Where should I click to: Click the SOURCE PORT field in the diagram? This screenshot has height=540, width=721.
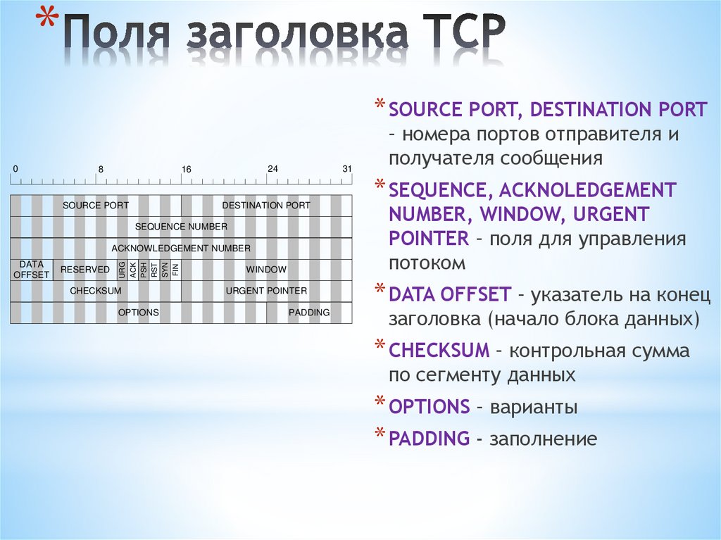pyautogui.click(x=96, y=206)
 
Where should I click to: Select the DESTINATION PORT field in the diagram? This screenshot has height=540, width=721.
pyautogui.click(x=266, y=206)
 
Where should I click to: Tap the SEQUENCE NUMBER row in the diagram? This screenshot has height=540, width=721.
pyautogui.click(x=181, y=227)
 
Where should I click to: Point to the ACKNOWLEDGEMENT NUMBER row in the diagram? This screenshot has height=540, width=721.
pyautogui.click(x=181, y=248)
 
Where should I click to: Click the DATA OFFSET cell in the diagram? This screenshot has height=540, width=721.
pyautogui.click(x=32, y=270)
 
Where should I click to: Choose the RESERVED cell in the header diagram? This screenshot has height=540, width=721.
pyautogui.click(x=85, y=270)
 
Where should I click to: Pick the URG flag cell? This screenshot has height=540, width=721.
pyautogui.click(x=123, y=270)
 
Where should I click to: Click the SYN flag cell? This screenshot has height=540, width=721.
pyautogui.click(x=165, y=270)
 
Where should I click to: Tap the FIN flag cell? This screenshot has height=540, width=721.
pyautogui.click(x=175, y=270)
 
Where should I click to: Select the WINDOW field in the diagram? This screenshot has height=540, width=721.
pyautogui.click(x=266, y=270)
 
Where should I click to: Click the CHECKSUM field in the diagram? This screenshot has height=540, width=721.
pyautogui.click(x=96, y=291)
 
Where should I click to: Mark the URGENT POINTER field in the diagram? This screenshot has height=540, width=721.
pyautogui.click(x=266, y=291)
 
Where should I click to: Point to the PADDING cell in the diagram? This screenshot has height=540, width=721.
pyautogui.click(x=309, y=313)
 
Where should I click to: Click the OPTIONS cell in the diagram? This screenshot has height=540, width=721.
pyautogui.click(x=139, y=313)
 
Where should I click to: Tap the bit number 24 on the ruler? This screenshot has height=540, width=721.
pyautogui.click(x=272, y=169)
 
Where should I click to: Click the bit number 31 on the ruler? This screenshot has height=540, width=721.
pyautogui.click(x=346, y=169)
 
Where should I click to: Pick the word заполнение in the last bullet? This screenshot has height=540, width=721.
pyautogui.click(x=543, y=439)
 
